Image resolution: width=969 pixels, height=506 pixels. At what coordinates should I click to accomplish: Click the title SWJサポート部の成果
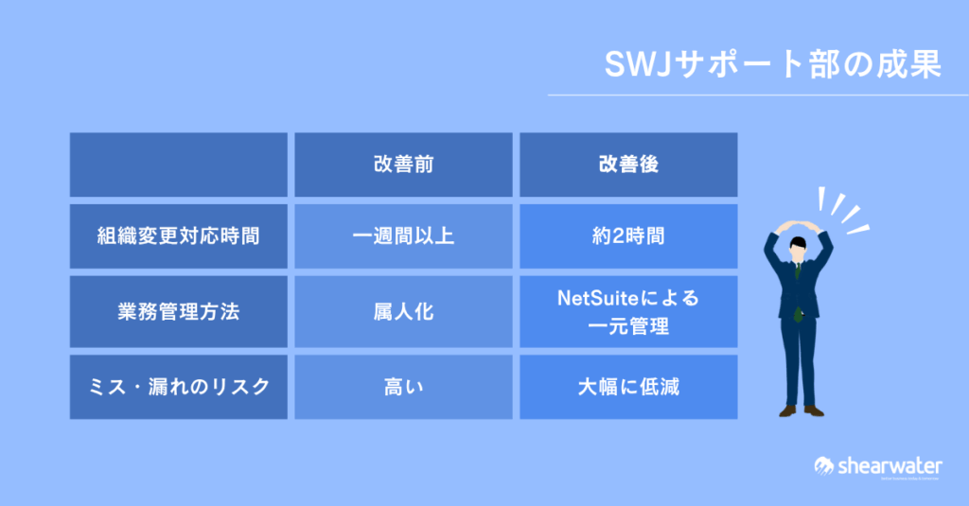[x=772, y=64]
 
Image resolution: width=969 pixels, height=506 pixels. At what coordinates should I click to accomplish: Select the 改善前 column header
[x=403, y=165]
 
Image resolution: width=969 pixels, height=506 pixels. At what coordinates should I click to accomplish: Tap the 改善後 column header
[x=628, y=165]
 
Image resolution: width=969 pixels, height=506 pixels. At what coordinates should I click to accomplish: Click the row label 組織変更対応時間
[x=179, y=236]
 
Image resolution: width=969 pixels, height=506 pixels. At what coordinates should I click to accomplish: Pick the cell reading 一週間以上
[x=403, y=236]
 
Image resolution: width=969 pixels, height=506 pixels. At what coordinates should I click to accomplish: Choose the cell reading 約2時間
[x=628, y=236]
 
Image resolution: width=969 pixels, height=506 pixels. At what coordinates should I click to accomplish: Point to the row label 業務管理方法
[x=179, y=311]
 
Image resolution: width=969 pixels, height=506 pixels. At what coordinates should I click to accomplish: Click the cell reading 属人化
[x=403, y=311]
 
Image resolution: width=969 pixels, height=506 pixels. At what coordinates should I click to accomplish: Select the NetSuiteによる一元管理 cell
[x=628, y=311]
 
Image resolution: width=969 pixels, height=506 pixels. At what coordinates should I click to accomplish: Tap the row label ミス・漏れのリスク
[x=179, y=387]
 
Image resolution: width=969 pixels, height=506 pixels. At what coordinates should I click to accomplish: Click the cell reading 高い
[x=403, y=387]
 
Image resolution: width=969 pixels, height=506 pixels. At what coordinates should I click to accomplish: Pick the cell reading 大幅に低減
[x=628, y=387]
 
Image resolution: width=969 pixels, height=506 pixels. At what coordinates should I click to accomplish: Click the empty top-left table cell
[x=179, y=165]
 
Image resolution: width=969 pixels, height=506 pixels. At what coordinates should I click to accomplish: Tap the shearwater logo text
[x=890, y=466]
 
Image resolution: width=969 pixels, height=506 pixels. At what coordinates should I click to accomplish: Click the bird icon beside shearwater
[x=824, y=466]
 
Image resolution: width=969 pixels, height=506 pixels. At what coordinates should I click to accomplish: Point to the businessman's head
[x=799, y=249]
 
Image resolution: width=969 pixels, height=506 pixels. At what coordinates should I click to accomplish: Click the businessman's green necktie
[x=798, y=290]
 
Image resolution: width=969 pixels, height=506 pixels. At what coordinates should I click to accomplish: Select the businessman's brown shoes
[x=802, y=410]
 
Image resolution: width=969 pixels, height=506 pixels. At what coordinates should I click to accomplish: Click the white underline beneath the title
[x=758, y=96]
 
